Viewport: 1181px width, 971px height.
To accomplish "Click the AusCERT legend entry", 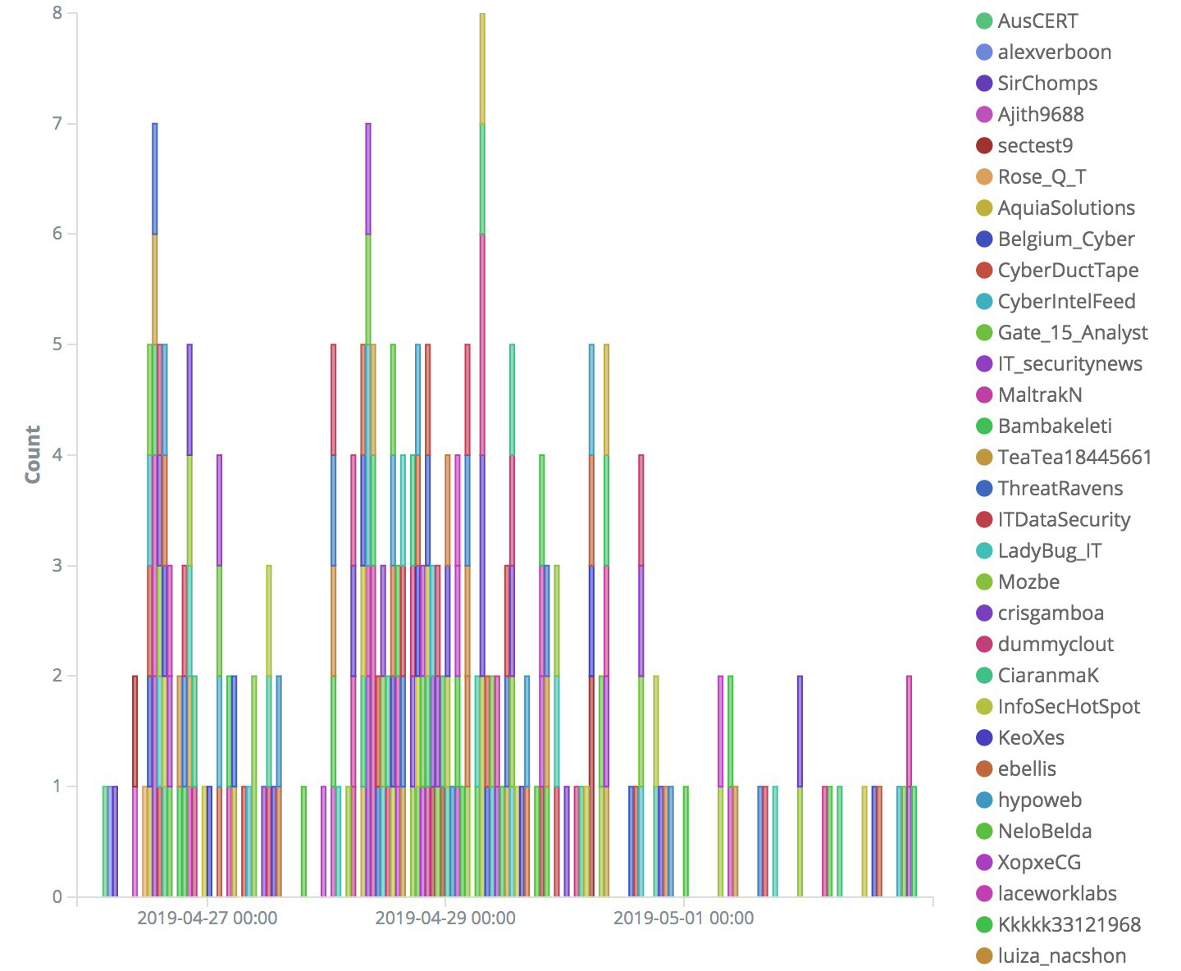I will pos(1037,21).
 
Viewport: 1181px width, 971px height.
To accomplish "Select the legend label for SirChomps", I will pos(1046,84).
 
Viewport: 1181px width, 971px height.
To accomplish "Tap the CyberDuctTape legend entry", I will pos(1067,271).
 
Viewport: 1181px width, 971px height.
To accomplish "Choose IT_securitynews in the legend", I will pos(1069,364).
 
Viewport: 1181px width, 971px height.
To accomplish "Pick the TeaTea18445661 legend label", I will pos(1074,458).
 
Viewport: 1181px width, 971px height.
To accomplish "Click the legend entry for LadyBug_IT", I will pos(1049,551).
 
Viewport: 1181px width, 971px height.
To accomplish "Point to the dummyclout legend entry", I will pos(1055,645).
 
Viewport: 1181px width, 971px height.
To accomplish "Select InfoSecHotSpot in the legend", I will pos(1068,707).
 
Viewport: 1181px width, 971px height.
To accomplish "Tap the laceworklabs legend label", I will pos(1056,894).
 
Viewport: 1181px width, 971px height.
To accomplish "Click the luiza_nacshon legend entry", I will pos(1061,956).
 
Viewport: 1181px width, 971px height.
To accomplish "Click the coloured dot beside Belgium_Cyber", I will pos(984,239).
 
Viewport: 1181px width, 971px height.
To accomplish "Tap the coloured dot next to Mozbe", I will pos(984,582).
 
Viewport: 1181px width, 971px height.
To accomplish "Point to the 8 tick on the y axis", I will pos(57,13).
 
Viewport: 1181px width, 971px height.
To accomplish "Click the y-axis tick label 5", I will pos(57,344).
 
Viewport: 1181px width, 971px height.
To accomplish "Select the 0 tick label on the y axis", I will pos(57,897).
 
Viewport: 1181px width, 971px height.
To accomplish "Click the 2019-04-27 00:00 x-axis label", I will pos(207,918).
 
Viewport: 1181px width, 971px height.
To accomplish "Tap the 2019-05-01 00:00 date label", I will pos(683,918).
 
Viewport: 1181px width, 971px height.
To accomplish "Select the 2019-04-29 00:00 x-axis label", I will pos(445,918).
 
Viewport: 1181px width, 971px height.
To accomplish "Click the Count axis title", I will pos(33,454).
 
